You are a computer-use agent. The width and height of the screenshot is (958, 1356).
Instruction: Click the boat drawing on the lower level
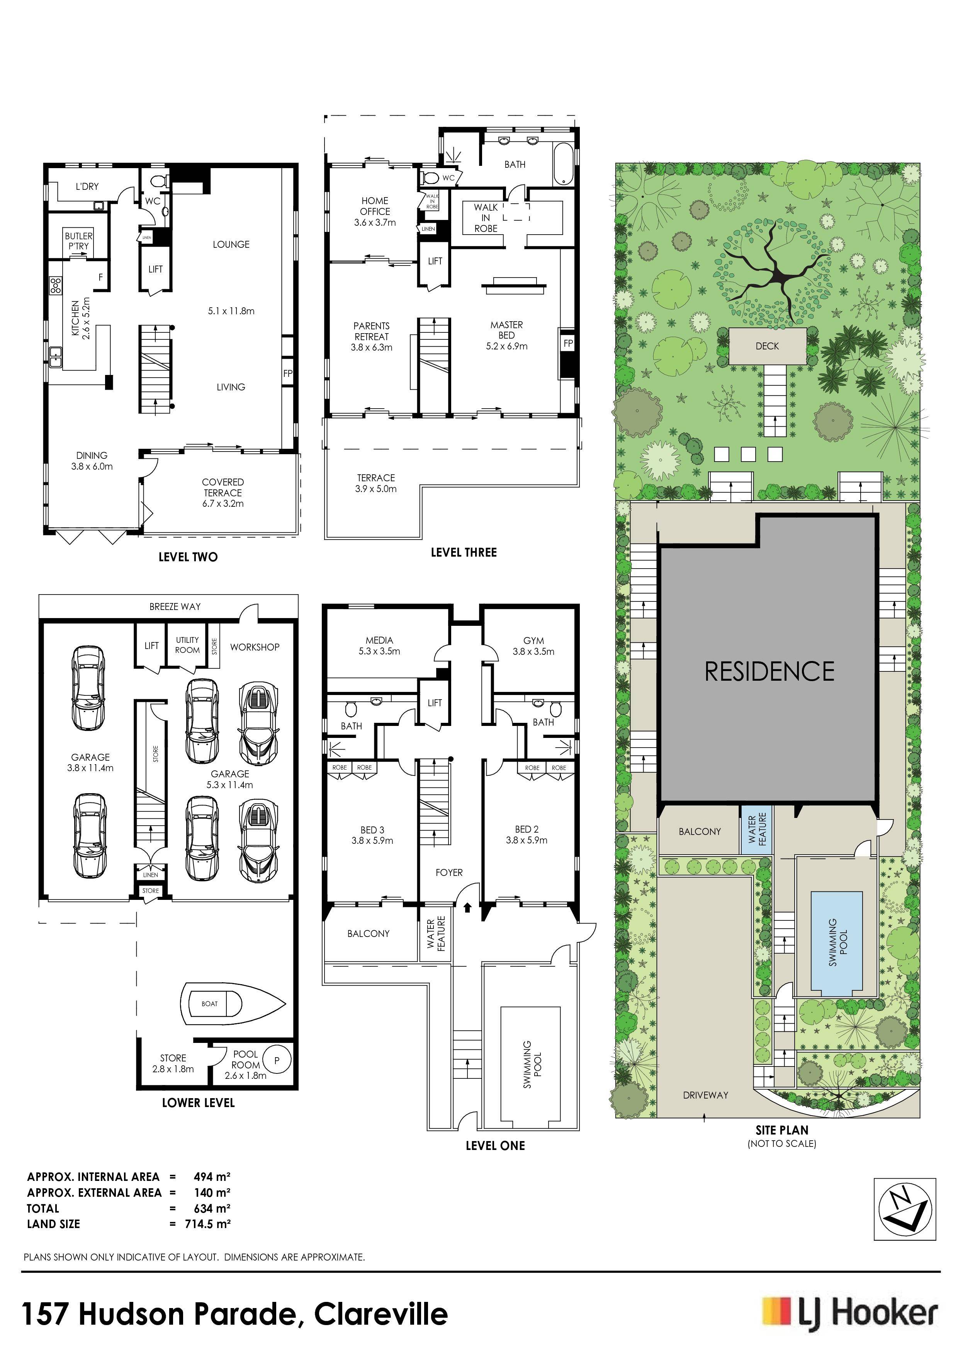pyautogui.click(x=234, y=1003)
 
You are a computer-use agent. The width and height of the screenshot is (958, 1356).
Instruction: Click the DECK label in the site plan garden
pyautogui.click(x=767, y=346)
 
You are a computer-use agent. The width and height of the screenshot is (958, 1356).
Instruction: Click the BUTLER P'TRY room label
pyautogui.click(x=78, y=241)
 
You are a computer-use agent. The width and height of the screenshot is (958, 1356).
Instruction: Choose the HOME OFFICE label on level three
pyautogui.click(x=375, y=206)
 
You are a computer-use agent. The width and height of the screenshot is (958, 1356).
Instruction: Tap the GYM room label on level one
pyautogui.click(x=533, y=640)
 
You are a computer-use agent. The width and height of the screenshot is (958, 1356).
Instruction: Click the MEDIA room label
pyautogui.click(x=379, y=640)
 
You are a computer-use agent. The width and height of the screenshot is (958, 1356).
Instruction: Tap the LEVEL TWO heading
pyautogui.click(x=188, y=557)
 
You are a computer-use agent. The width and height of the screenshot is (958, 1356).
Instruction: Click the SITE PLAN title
pyautogui.click(x=782, y=1130)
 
